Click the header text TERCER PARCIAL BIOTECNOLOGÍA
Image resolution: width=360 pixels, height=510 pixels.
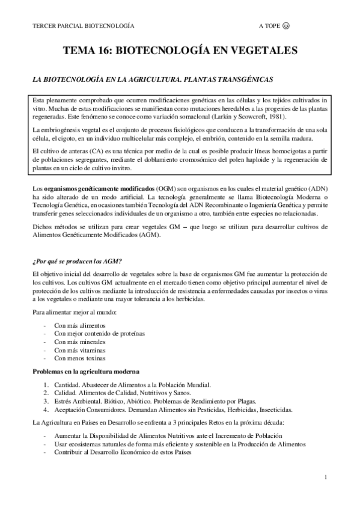click(83, 26)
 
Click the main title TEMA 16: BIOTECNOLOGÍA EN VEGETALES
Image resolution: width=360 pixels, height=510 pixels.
click(180, 52)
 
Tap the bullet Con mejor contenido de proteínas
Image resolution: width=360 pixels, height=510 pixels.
click(99, 333)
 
